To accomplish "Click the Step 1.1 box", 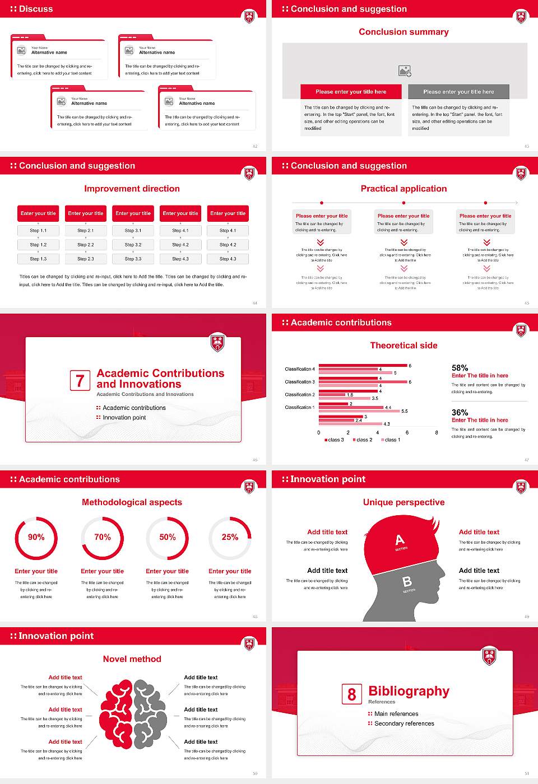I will pos(38,230).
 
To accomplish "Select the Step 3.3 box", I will pos(133,259).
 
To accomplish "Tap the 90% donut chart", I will pos(36,538).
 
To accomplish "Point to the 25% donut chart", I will pos(230,538).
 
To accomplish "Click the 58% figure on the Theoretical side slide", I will pos(460,368).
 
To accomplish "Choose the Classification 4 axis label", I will pos(299,369).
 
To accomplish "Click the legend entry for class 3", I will pos(334,440).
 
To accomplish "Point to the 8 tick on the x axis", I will pos(437,432).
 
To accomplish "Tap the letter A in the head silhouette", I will pos(400,540).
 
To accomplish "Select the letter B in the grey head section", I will pos(407,582).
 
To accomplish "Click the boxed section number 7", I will pos(80,381).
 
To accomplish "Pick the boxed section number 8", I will pos(351,694).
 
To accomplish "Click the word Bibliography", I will pos(409,691).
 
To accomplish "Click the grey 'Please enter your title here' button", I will pos(458,92).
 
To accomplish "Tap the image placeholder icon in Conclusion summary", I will pos(405,71).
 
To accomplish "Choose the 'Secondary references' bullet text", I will pos(404,724).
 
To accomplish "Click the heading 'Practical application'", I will pos(403,189).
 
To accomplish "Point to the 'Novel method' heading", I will pos(132,659).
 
